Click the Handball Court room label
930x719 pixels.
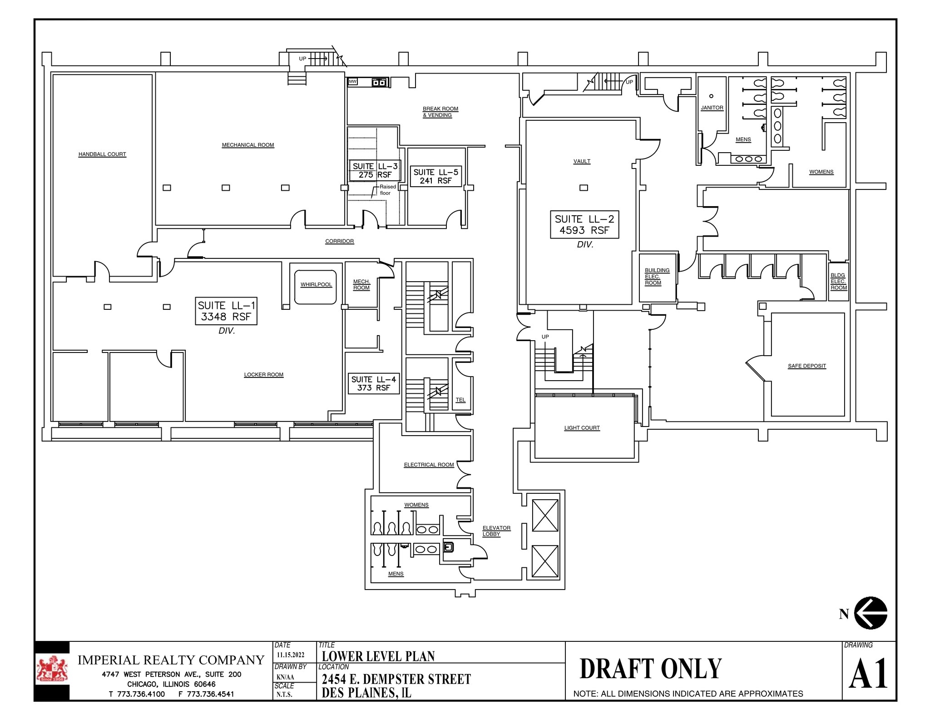pos(102,154)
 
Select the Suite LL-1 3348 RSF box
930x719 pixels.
pos(226,311)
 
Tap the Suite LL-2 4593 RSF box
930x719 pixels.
pos(584,224)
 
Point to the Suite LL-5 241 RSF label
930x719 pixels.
pos(435,176)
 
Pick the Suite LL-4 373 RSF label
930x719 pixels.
pos(373,383)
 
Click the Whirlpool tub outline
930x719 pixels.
pos(316,288)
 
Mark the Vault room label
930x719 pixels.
pos(582,161)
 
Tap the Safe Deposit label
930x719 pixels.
pos(806,366)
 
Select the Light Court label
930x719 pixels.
pos(582,428)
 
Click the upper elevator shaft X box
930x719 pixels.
pos(545,515)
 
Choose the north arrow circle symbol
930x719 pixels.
pos(871,613)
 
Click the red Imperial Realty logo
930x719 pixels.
pos(52,670)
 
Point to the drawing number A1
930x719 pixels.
pos(868,674)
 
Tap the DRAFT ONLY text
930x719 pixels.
pos(650,669)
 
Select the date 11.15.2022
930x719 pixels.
pos(291,655)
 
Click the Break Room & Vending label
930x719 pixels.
pos(440,112)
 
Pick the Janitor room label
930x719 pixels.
pos(712,108)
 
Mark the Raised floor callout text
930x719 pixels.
pos(387,190)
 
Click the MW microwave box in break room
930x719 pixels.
pos(353,82)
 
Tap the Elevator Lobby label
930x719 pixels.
pos(496,531)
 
